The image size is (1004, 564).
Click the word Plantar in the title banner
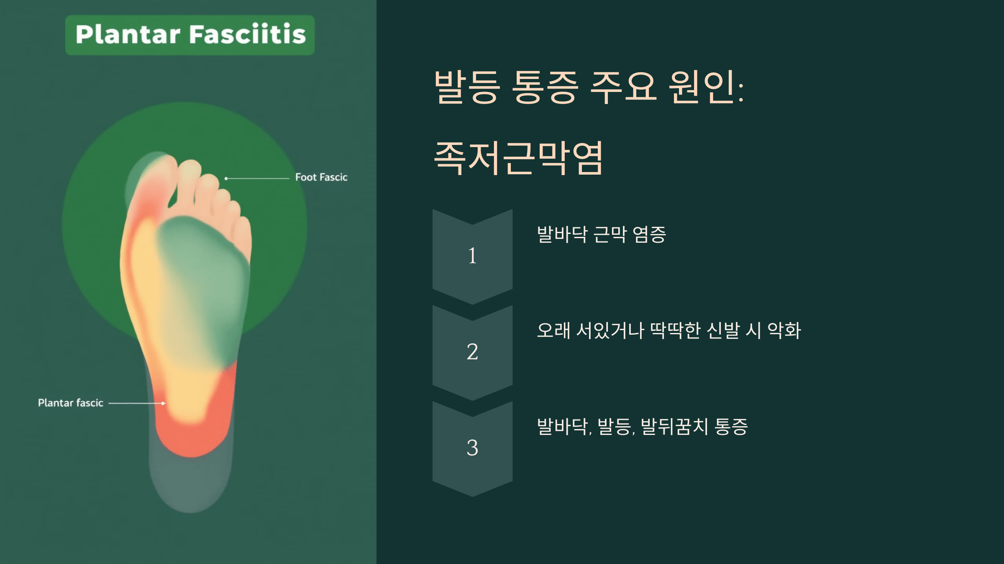[x=128, y=35]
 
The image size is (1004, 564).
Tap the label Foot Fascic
[x=321, y=178]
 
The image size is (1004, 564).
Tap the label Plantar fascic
[x=70, y=403]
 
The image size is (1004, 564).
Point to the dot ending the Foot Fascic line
[x=226, y=178]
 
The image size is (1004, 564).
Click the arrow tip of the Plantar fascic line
[x=164, y=403]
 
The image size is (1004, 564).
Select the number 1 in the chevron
[x=472, y=256]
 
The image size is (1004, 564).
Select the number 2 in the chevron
[x=472, y=352]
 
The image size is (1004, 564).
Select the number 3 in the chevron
[x=472, y=448]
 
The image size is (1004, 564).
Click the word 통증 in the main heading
[x=545, y=87]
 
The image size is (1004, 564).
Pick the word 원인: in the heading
[x=706, y=87]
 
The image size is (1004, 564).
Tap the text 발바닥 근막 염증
[x=601, y=234]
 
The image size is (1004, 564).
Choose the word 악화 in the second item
[x=784, y=330]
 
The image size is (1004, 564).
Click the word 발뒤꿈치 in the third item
[x=674, y=427]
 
